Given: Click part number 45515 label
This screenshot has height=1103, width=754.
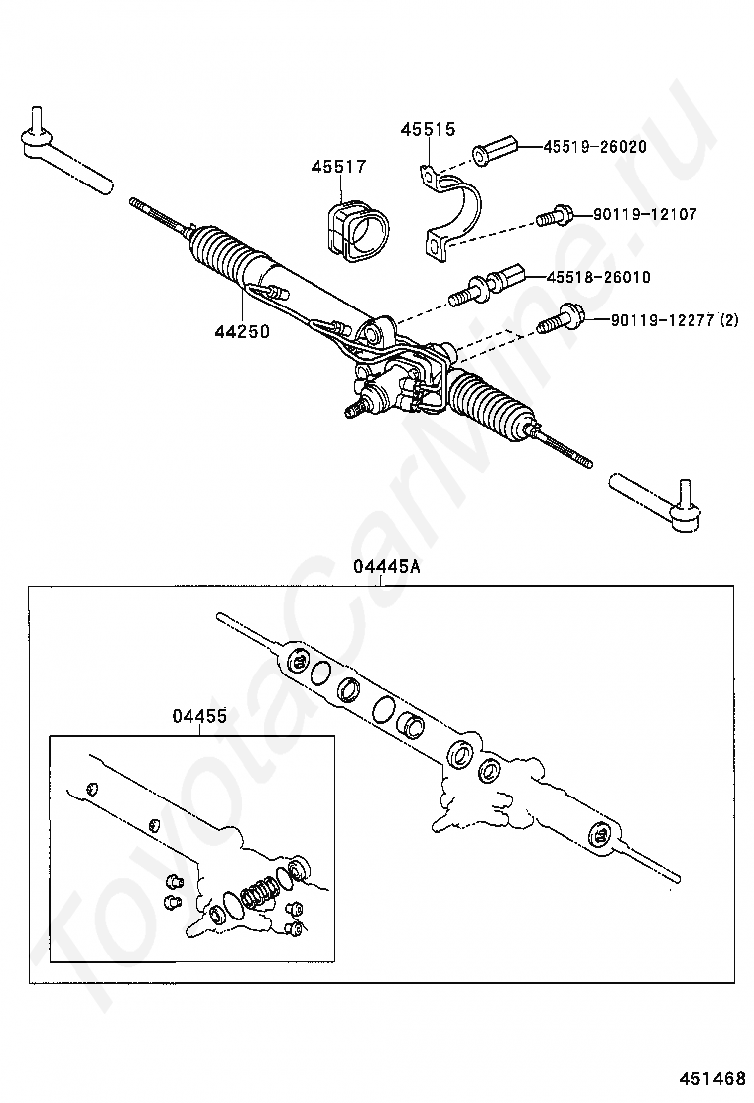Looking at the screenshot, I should [x=428, y=130].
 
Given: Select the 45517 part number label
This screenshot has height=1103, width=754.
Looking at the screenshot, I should [x=338, y=167].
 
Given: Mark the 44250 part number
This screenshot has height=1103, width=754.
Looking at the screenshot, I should [x=241, y=331].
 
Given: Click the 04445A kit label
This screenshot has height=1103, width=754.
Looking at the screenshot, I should [x=382, y=567].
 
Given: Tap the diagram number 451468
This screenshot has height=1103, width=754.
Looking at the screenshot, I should [x=712, y=1078].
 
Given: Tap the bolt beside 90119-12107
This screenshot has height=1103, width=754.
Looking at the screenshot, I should [x=554, y=215].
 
